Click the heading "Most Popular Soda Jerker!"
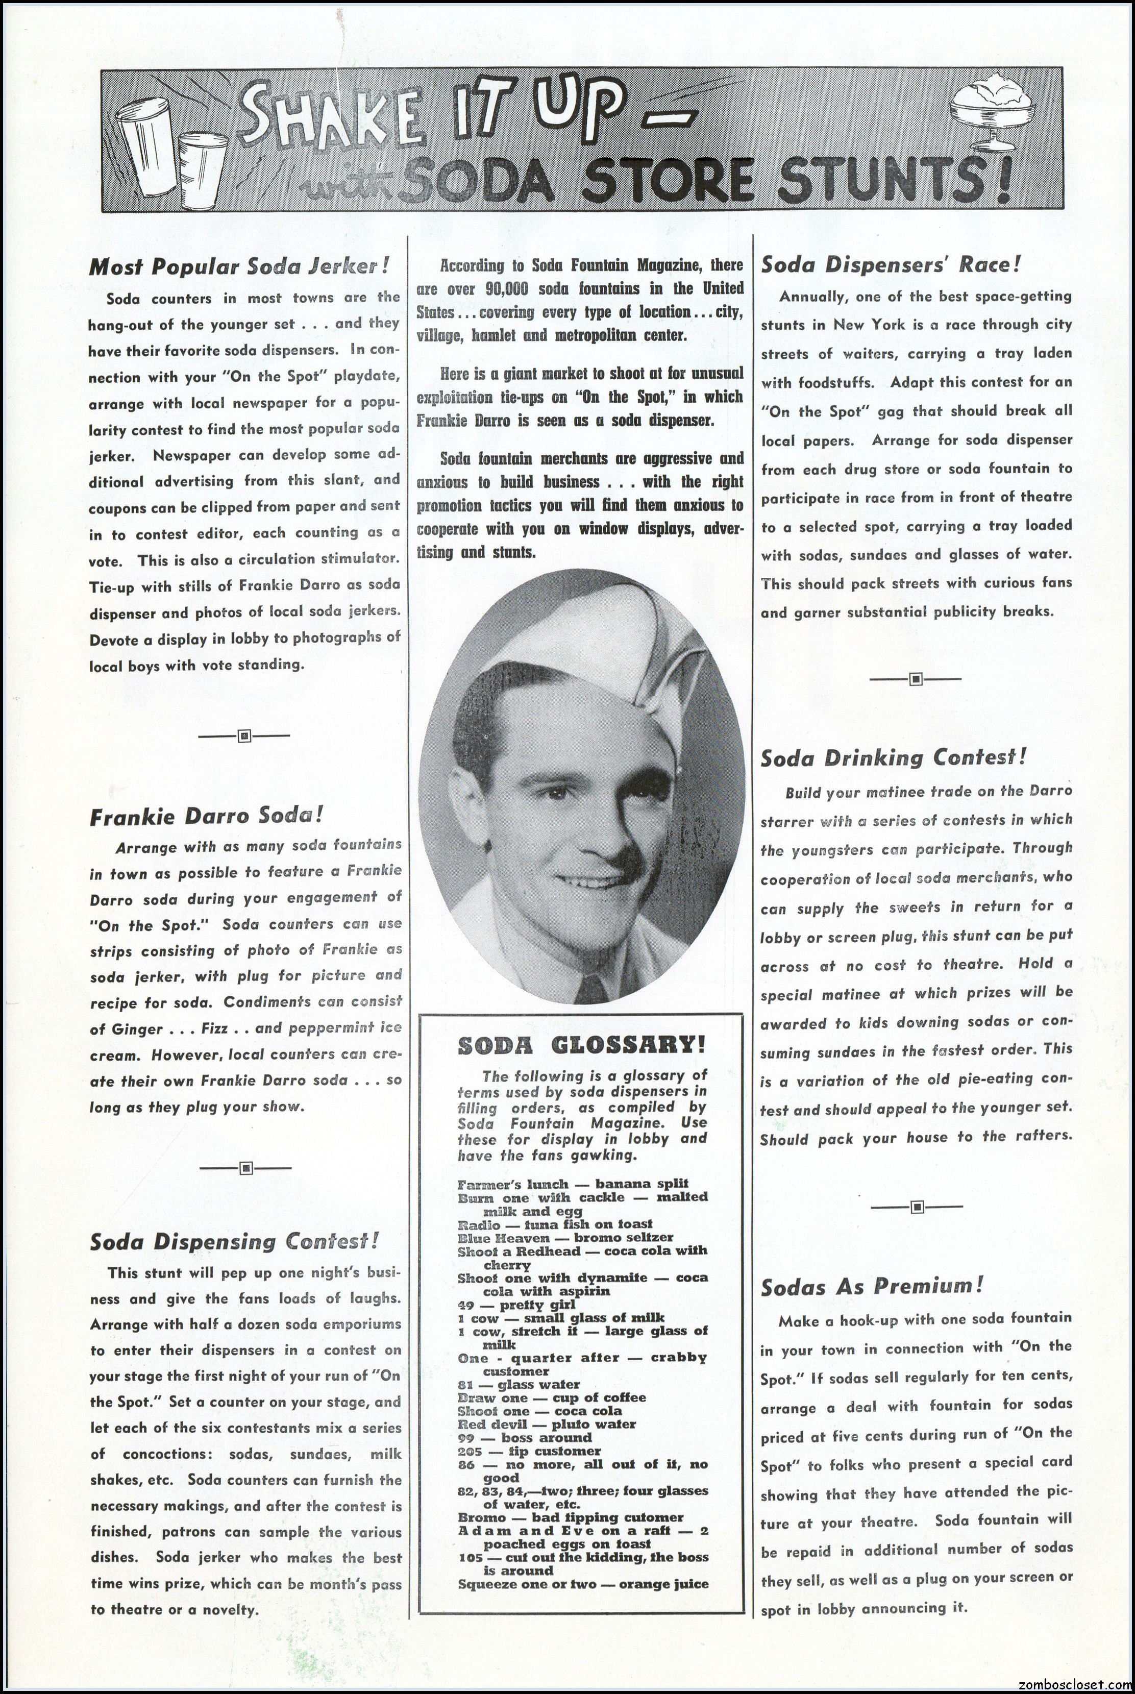pyautogui.click(x=239, y=266)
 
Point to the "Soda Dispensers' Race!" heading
pyautogui.click(x=891, y=264)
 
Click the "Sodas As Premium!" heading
pyautogui.click(x=872, y=1286)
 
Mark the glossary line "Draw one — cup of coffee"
pyautogui.click(x=552, y=1398)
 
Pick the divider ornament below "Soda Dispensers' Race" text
pyautogui.click(x=916, y=679)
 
